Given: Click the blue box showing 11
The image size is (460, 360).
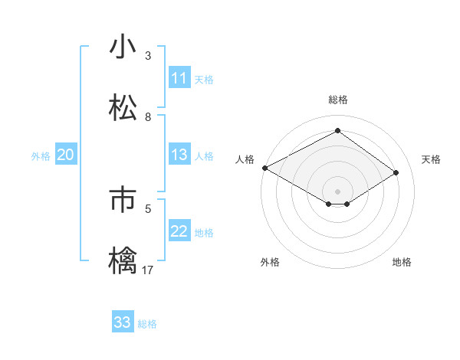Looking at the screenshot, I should click(179, 78).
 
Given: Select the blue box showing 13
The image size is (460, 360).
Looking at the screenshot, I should click(179, 155).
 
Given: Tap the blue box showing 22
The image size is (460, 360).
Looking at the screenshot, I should click(179, 231).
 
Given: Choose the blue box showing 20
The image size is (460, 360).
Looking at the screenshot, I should click(65, 155).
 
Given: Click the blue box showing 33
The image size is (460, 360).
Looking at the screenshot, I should click(123, 322).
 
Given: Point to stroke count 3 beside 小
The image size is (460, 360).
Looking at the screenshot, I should click(148, 56).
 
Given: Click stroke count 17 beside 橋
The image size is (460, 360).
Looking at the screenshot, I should click(148, 270).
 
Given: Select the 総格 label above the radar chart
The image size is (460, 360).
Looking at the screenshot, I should click(337, 100).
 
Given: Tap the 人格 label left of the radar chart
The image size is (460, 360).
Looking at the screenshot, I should click(245, 159).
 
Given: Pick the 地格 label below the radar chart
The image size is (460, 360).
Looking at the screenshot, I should click(402, 262).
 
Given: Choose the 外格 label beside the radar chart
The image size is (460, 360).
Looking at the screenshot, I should click(270, 262).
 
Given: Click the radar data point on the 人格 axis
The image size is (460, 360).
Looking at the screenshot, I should click(264, 167).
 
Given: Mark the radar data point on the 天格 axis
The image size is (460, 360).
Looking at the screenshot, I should click(396, 172).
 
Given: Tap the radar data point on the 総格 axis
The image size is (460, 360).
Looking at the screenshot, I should click(337, 131).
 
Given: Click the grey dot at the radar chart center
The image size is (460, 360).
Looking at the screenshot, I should click(337, 191).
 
